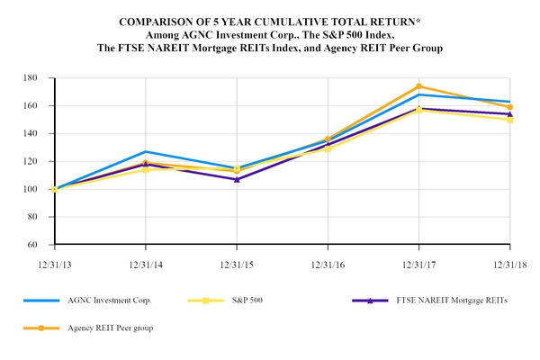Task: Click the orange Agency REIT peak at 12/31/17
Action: pyautogui.click(x=419, y=86)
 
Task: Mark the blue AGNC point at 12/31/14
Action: pyautogui.click(x=146, y=151)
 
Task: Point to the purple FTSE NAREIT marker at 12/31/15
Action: pyautogui.click(x=237, y=179)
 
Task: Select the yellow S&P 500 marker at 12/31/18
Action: pyautogui.click(x=510, y=120)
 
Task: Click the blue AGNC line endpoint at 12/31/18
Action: pyautogui.click(x=510, y=102)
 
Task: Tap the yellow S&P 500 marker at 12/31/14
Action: pyautogui.click(x=146, y=169)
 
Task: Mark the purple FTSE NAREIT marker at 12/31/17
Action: pyautogui.click(x=419, y=109)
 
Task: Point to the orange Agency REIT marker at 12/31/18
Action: pyautogui.click(x=510, y=107)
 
